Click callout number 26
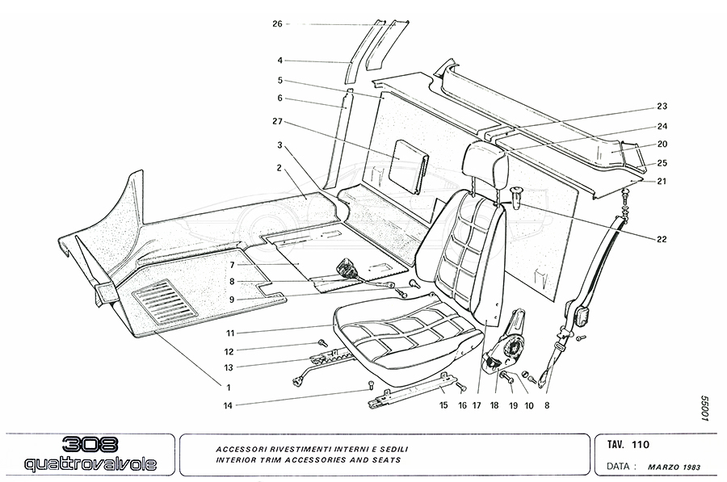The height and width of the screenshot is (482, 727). [x=276, y=24]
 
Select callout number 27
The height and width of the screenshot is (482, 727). [x=276, y=123]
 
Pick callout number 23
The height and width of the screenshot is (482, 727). [x=662, y=107]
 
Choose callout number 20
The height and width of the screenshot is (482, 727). [x=662, y=145]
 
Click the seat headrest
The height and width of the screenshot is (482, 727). [x=485, y=166]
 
